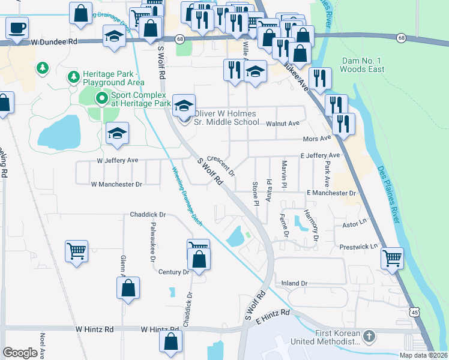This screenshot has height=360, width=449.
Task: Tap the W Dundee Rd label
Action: (x=55, y=43)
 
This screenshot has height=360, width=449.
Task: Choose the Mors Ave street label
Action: (x=318, y=138)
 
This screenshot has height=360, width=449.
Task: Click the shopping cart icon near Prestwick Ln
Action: (x=392, y=259)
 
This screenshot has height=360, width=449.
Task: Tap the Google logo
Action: (x=20, y=353)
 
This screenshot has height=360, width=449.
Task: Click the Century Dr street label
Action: (x=174, y=272)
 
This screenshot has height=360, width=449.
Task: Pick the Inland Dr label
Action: (x=294, y=283)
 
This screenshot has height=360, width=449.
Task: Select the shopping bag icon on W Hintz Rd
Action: (x=171, y=341)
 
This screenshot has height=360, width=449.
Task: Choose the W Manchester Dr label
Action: (x=116, y=184)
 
